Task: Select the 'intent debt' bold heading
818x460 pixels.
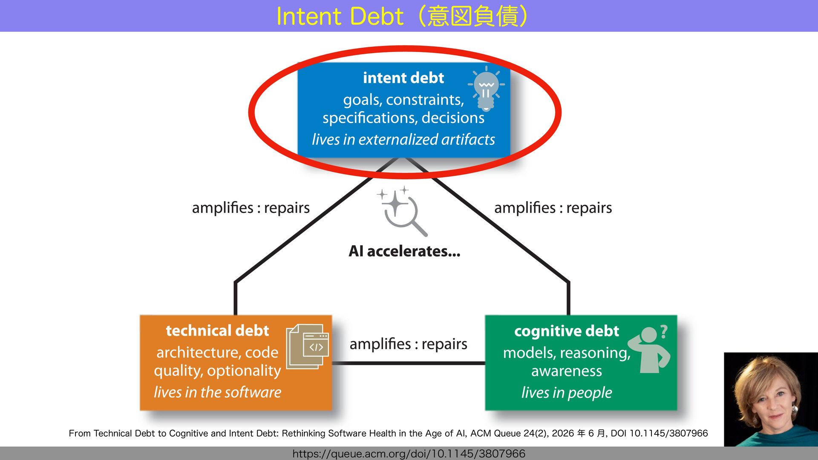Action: (x=403, y=78)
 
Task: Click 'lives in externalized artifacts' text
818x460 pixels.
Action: (x=403, y=139)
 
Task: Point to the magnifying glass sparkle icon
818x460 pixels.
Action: (x=402, y=211)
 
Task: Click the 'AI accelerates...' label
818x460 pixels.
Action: (x=404, y=251)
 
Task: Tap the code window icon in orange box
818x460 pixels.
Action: (x=308, y=346)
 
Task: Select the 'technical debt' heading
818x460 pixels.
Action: (x=217, y=331)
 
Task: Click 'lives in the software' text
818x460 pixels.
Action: (x=217, y=392)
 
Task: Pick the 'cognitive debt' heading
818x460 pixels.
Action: (x=567, y=331)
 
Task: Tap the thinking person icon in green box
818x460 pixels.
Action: (x=649, y=350)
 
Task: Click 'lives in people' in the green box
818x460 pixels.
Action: (x=567, y=392)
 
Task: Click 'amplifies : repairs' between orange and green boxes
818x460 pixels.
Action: (x=408, y=344)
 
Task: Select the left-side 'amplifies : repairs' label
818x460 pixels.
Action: (x=251, y=208)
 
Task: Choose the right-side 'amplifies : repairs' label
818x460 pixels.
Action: (x=553, y=208)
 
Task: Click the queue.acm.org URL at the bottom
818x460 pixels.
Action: (x=409, y=454)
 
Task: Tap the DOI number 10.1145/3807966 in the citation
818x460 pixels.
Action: (x=669, y=433)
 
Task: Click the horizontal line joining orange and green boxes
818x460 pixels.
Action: (x=408, y=363)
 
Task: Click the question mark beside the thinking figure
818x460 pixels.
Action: (x=664, y=331)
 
